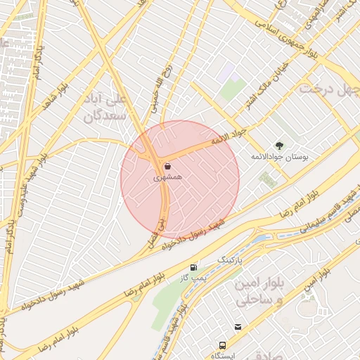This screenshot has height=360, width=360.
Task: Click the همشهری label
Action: (168, 179)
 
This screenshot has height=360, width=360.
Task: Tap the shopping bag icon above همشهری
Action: (168, 167)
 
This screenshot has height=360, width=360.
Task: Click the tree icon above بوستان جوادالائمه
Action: (280, 144)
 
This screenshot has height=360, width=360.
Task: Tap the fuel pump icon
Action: (193, 268)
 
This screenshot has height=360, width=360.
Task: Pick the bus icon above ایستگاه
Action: (223, 345)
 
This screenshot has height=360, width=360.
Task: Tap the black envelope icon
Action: (239, 328)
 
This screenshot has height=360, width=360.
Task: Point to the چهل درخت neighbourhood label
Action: (325, 89)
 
